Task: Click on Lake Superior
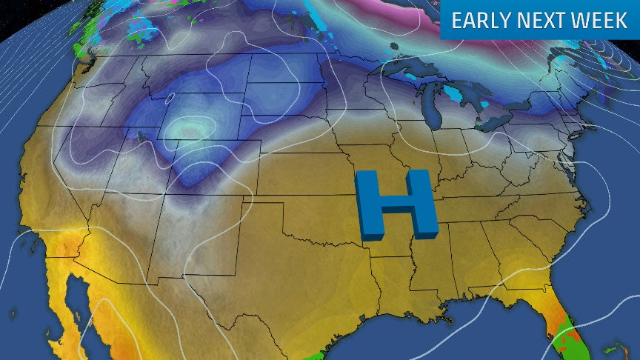point(415,69)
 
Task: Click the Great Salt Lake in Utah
point(141,136)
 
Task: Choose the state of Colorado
point(215,170)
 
